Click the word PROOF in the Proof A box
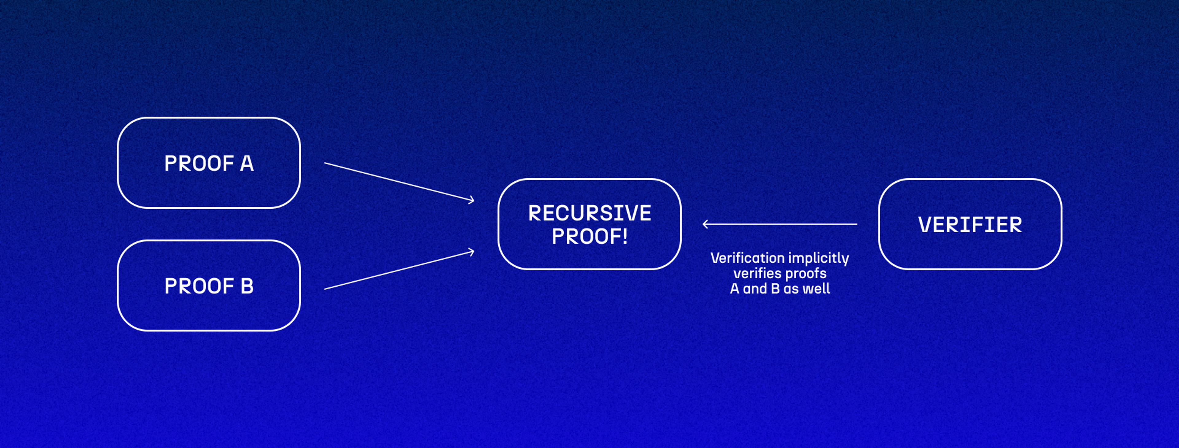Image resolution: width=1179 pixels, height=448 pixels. pos(199,163)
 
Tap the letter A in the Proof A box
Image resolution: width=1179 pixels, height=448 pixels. pos(247,163)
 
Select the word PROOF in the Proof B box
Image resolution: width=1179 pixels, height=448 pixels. pos(199,286)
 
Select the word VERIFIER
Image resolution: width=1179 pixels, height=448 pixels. pos(970,225)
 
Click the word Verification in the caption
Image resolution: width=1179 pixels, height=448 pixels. pos(747,258)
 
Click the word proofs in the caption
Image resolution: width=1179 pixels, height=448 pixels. pos(807,274)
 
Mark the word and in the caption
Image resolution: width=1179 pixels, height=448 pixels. pos(755,289)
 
